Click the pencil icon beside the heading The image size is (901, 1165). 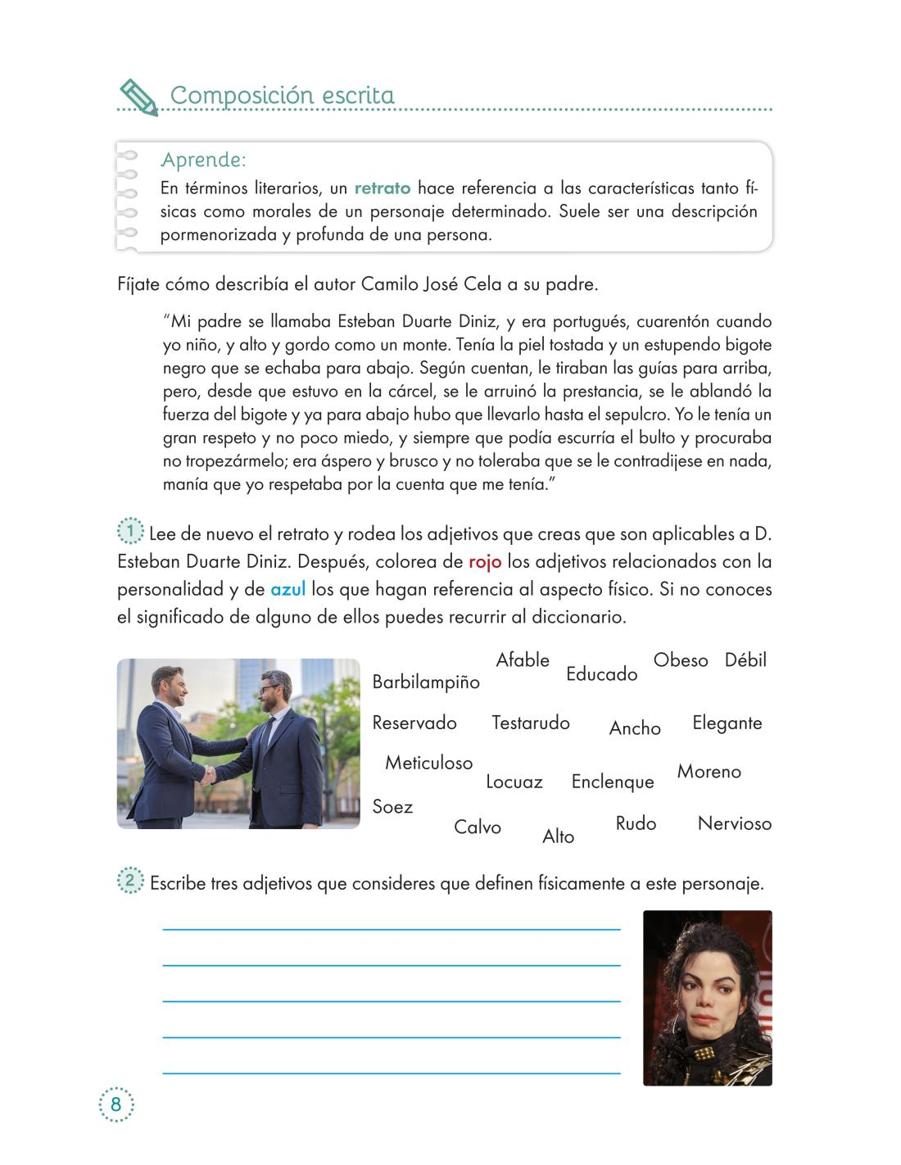(138, 97)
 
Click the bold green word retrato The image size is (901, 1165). (383, 188)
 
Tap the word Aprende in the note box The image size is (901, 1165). (203, 159)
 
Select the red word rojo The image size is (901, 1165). (485, 562)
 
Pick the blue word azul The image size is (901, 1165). (288, 590)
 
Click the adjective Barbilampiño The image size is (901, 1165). (426, 682)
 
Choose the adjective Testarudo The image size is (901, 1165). (531, 723)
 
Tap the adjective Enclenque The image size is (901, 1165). (613, 782)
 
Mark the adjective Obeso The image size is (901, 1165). (681, 660)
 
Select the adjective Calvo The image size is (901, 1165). (478, 827)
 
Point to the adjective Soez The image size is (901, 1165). (392, 807)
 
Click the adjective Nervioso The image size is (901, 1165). (735, 823)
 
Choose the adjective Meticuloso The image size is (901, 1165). (429, 763)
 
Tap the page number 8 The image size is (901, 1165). (115, 1104)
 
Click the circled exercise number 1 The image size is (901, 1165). (130, 533)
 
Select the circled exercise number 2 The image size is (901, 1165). (130, 882)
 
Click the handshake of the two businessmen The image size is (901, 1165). (211, 774)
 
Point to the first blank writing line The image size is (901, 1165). (392, 928)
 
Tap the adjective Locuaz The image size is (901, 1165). (514, 782)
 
